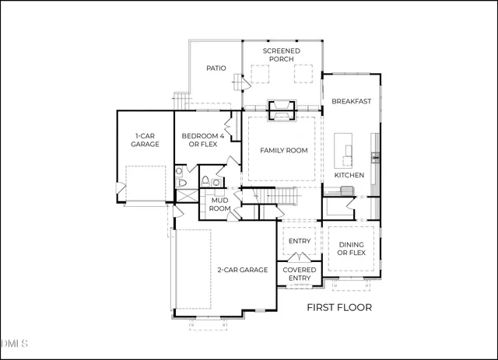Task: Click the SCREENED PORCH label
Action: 281,54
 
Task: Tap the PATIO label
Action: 216,68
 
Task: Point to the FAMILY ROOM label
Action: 282,150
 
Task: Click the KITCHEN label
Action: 349,175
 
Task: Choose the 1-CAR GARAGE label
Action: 145,139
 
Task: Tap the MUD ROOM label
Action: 219,204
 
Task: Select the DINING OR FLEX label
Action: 352,248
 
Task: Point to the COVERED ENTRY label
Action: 300,274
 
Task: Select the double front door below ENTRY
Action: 300,257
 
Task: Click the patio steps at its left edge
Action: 181,100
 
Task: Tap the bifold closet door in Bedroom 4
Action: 230,125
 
